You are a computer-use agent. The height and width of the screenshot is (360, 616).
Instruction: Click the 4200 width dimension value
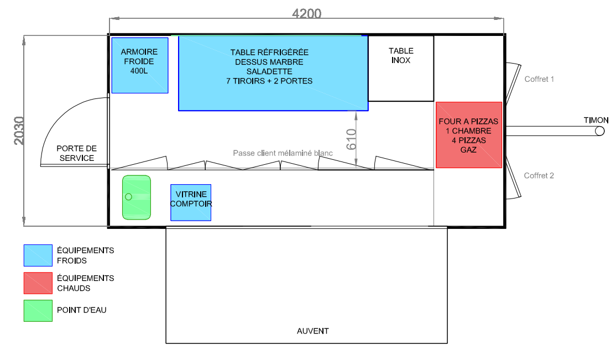(x=306, y=14)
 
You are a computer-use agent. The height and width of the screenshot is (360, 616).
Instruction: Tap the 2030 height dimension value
(x=19, y=131)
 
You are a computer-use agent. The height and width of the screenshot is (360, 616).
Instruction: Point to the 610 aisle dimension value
(x=351, y=139)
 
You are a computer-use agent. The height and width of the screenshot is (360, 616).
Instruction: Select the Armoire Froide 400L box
(x=140, y=65)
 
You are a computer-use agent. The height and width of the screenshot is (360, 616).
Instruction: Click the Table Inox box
(x=401, y=69)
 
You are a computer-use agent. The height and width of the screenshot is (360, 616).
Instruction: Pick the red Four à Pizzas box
(x=469, y=135)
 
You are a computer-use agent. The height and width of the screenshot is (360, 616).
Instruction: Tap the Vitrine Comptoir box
(x=191, y=202)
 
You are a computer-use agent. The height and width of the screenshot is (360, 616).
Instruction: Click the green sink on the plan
(x=137, y=197)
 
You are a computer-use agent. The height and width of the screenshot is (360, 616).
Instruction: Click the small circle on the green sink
(x=128, y=196)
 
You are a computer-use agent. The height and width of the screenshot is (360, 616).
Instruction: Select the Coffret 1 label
(x=539, y=79)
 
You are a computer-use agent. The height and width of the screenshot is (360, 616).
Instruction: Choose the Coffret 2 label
(x=539, y=176)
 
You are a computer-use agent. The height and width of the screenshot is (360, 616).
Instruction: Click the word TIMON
(x=596, y=120)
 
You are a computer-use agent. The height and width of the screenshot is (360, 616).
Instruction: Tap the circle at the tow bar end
(x=599, y=131)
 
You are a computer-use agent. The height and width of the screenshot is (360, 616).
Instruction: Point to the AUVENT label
(x=313, y=331)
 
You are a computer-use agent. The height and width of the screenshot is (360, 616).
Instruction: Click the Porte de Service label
(x=77, y=153)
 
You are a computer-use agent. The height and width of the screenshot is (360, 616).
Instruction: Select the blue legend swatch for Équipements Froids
(x=38, y=255)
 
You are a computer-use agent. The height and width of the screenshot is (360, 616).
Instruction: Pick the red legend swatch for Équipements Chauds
(x=38, y=283)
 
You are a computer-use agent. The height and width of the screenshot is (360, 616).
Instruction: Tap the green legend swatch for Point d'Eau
(x=38, y=310)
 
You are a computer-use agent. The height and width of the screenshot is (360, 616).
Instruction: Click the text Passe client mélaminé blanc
(x=283, y=153)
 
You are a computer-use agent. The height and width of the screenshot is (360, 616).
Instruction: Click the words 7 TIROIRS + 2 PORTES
(x=269, y=81)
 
